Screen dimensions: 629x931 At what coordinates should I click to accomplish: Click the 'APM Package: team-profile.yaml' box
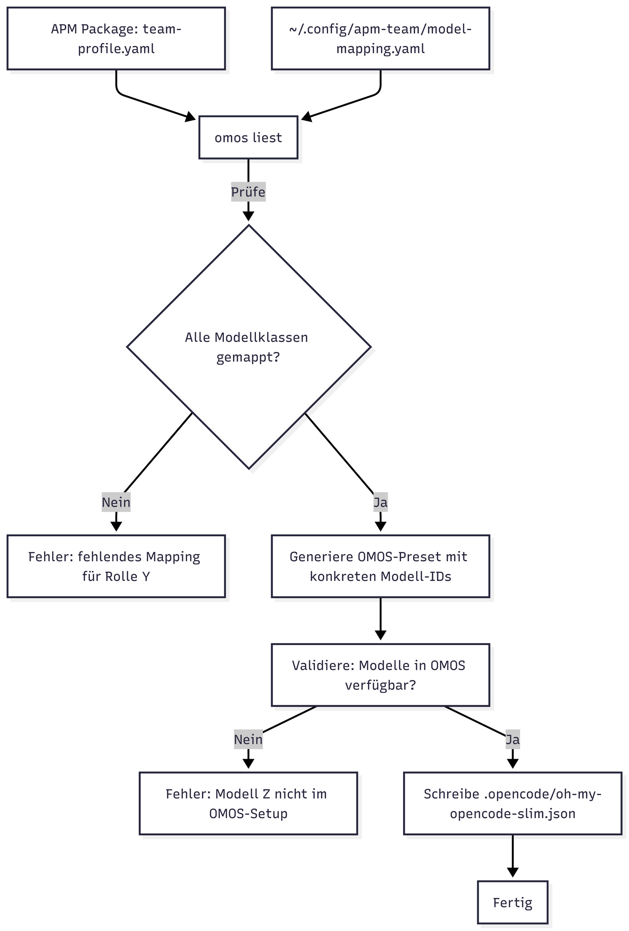[116, 38]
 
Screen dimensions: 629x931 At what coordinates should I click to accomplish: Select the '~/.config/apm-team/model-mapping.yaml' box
[381, 38]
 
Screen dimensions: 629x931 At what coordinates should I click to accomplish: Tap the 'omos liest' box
[248, 137]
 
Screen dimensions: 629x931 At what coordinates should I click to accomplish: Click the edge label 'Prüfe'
[248, 192]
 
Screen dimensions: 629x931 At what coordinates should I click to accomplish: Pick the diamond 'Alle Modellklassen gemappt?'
[249, 347]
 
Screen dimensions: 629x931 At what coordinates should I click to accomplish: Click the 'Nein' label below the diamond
[116, 502]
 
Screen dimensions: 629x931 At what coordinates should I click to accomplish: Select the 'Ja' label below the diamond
[381, 502]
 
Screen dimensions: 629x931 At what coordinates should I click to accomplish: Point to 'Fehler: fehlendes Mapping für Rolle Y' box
[116, 566]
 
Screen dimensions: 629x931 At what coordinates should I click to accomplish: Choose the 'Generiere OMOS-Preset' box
[381, 566]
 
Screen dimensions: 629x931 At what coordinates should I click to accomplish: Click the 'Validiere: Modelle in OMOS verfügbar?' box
[381, 675]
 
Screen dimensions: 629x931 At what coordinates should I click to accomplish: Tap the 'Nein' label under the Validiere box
[248, 739]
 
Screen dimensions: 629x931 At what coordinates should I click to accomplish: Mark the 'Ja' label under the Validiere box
[513, 739]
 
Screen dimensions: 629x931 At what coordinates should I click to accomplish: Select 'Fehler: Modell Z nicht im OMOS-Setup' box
[248, 803]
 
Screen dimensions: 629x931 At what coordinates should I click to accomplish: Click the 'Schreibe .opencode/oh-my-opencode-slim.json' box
[513, 803]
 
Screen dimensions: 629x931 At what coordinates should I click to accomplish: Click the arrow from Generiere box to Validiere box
[381, 621]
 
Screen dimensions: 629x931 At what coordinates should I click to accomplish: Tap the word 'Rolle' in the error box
[122, 576]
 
